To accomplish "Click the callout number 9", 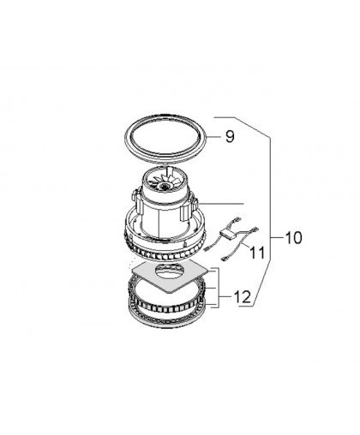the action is click(230, 136).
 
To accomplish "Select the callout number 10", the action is click(293, 237).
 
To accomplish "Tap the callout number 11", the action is click(257, 252).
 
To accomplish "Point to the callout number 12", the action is click(243, 297).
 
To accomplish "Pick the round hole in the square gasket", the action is click(169, 270).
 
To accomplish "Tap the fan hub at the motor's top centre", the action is click(165, 186).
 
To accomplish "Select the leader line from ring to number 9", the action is click(213, 137).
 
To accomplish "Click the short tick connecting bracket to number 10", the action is click(277, 237).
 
